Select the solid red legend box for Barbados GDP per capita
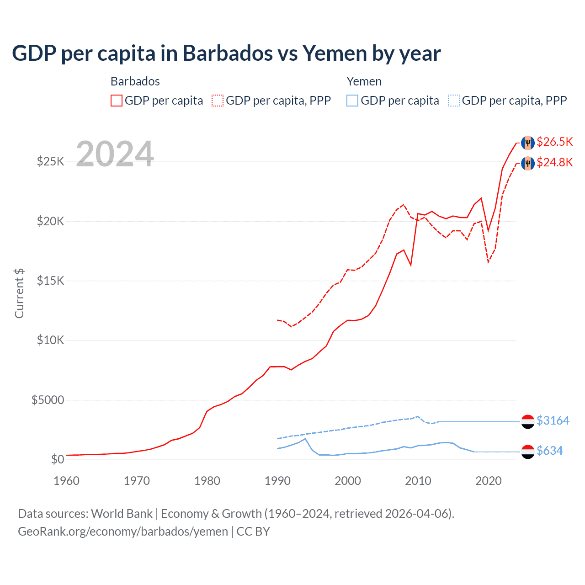117,101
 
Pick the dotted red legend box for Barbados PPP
218,101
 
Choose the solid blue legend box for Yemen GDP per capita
352,101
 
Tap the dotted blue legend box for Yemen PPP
454,101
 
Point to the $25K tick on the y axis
50,161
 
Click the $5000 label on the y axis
48,400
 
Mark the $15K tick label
50,281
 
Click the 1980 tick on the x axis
207,481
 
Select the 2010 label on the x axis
418,481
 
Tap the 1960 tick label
67,481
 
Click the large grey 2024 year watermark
115,154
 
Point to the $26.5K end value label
554,142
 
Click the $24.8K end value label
554,162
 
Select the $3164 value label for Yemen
553,420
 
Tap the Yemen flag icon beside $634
528,452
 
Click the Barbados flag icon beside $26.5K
528,143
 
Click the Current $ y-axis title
19,293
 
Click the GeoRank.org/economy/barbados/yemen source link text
123,532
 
